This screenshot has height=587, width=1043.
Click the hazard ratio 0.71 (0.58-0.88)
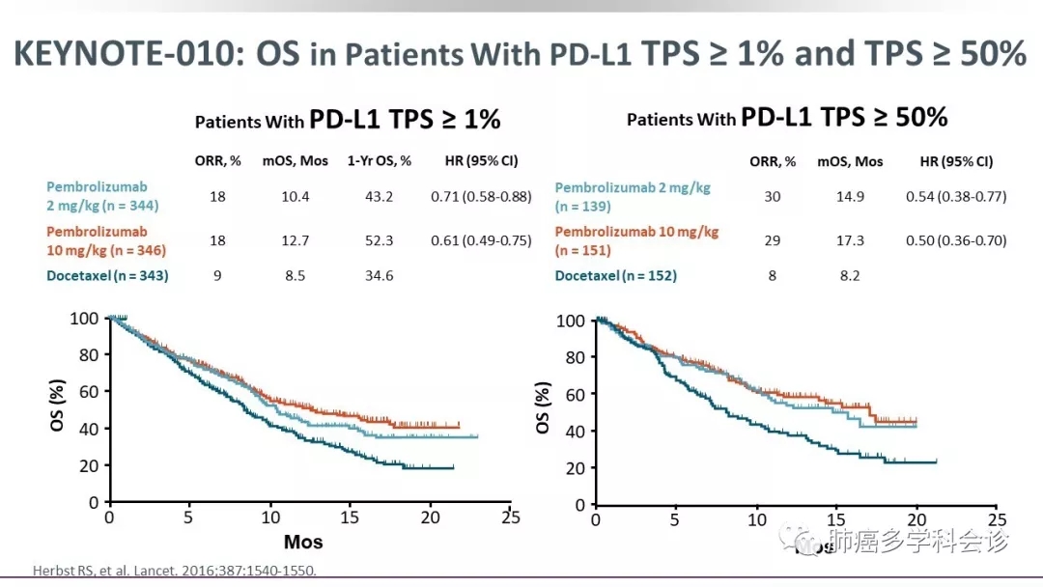481,197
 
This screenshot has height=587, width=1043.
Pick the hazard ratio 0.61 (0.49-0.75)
481,241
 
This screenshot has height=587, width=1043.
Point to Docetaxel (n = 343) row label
107,276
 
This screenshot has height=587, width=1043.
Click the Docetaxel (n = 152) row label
616,276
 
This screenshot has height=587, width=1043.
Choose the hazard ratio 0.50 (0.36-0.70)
956,240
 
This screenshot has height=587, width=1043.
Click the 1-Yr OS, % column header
380,161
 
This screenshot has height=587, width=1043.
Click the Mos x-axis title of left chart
303,542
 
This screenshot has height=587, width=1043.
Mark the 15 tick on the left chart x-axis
352,519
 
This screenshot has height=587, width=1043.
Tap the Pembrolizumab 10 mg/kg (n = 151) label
636,241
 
